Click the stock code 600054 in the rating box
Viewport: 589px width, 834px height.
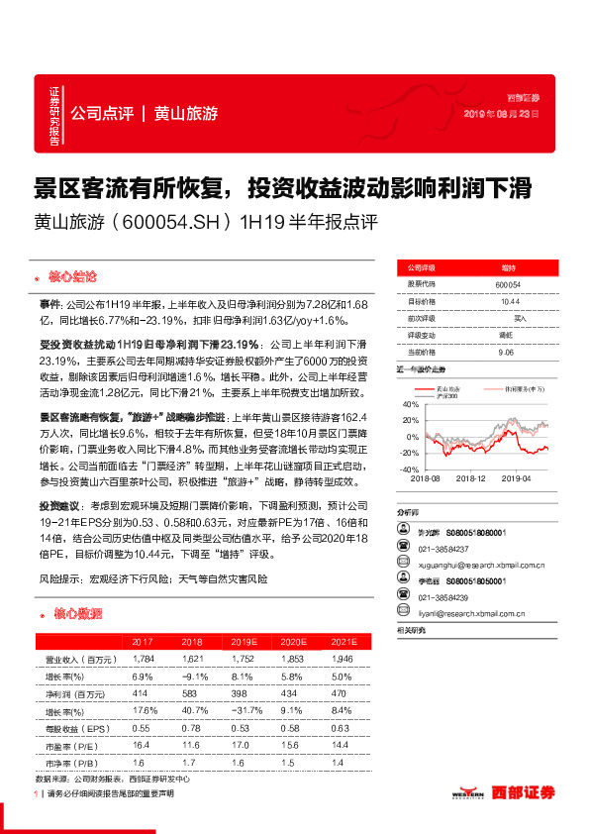509,284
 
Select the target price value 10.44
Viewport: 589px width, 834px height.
510,300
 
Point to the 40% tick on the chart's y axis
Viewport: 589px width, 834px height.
412,404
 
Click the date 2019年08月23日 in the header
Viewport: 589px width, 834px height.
502,115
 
